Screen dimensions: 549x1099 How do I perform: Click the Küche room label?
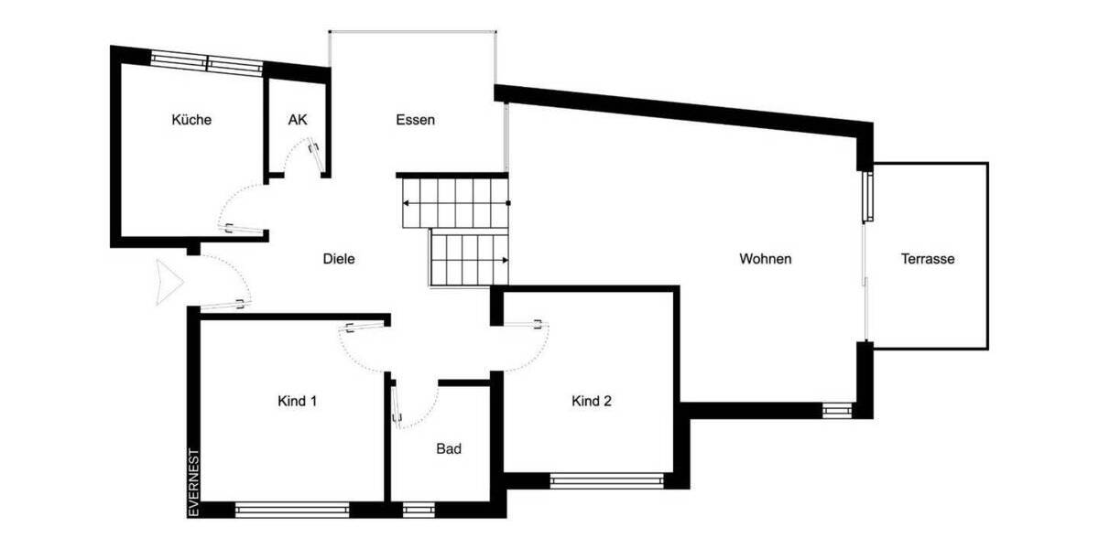coord(191,120)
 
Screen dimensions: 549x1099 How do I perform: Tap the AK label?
coord(297,120)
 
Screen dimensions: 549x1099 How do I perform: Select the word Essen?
coord(415,120)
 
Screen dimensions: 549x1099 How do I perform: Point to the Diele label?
coord(339,259)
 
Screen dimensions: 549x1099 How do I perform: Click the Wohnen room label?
coord(766,259)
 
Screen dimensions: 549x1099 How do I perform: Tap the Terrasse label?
coord(928,259)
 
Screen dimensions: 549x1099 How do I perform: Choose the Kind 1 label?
coord(298,401)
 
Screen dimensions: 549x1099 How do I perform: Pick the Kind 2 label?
coord(592,401)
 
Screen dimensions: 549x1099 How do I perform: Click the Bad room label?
coord(449,449)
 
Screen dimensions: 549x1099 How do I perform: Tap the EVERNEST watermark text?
coord(193,482)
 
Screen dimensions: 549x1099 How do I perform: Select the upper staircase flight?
coord(455,202)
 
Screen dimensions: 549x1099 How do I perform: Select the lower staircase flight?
coord(468,259)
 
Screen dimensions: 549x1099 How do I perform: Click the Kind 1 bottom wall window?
coord(292,510)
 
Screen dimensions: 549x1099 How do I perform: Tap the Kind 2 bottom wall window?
coord(605,480)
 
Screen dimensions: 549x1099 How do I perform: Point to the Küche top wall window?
coord(207,62)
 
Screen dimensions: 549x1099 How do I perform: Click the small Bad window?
coord(419,510)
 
